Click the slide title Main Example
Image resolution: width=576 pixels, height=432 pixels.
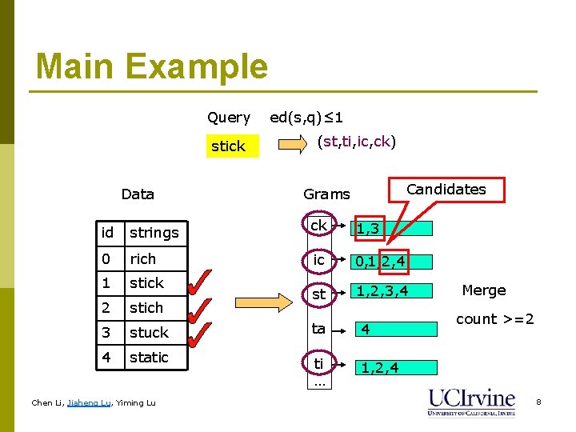(x=152, y=66)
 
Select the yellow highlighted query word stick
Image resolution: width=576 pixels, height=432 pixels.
(x=228, y=146)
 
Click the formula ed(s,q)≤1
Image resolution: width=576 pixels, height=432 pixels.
(x=306, y=118)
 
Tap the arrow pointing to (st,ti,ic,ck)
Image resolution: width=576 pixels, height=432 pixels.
(x=293, y=145)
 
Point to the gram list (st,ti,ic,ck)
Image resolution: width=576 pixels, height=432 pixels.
(x=357, y=142)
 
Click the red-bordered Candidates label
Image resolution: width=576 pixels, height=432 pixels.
(x=446, y=190)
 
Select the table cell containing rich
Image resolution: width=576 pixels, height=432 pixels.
(x=155, y=259)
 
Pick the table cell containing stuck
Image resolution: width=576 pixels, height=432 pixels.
(x=155, y=333)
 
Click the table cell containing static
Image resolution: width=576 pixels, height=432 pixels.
(x=155, y=358)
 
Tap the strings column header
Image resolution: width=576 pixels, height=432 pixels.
(x=155, y=233)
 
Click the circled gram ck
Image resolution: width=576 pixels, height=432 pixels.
(x=319, y=226)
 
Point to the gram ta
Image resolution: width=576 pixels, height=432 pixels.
(x=319, y=328)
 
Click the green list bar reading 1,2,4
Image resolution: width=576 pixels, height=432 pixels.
(x=395, y=368)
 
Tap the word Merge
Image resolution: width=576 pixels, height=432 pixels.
(x=483, y=290)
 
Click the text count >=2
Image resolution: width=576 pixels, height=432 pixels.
(x=494, y=319)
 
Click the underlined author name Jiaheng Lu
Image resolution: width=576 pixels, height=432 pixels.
(x=90, y=403)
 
